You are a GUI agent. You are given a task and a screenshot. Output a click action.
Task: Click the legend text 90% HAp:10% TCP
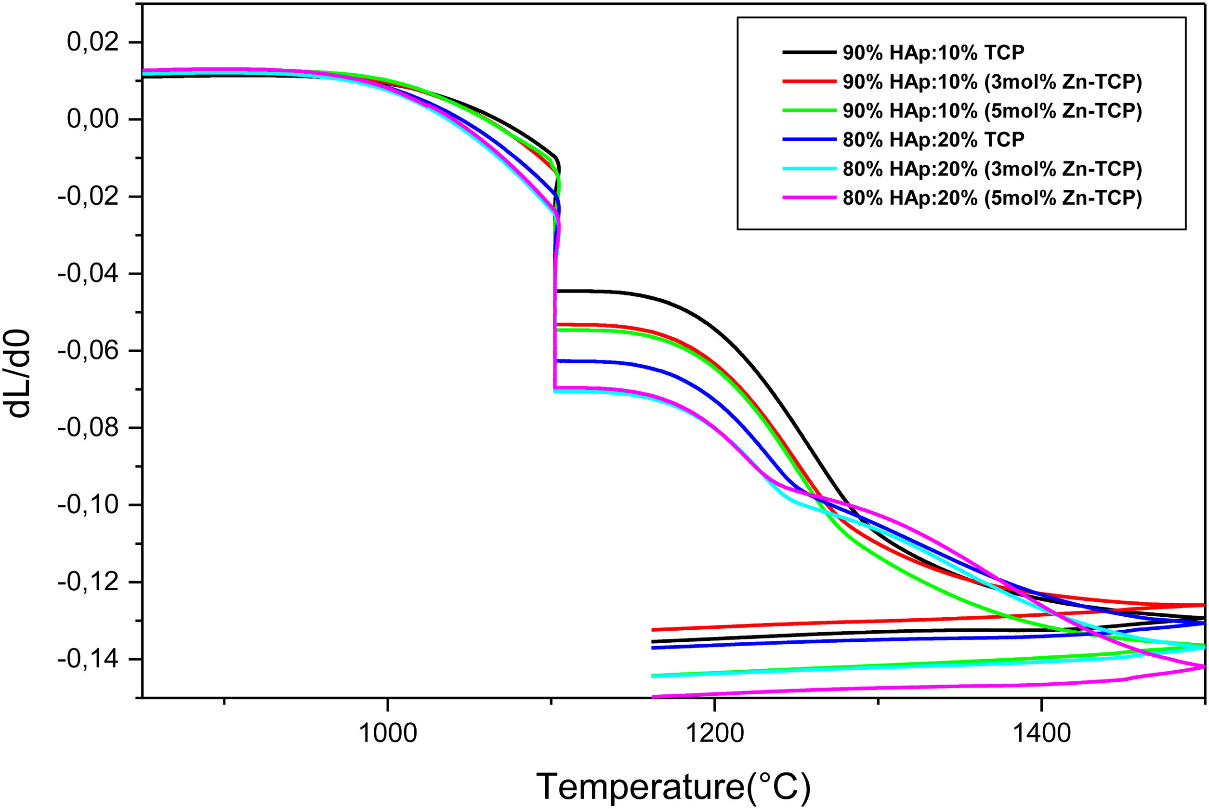point(933,52)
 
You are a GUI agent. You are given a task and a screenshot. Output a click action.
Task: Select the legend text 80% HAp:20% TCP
point(933,139)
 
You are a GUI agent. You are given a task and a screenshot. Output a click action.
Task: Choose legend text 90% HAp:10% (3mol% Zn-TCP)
point(992,81)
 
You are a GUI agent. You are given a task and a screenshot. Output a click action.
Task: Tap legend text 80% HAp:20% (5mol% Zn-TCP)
point(992,198)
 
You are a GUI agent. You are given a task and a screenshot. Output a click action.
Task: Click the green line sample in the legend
point(809,110)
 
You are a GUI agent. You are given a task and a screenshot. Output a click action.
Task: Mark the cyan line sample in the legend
point(809,168)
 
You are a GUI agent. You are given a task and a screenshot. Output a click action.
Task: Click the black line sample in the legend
point(809,52)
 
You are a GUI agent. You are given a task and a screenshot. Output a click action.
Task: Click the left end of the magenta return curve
point(653,697)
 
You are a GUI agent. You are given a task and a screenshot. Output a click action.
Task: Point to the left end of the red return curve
point(653,629)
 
